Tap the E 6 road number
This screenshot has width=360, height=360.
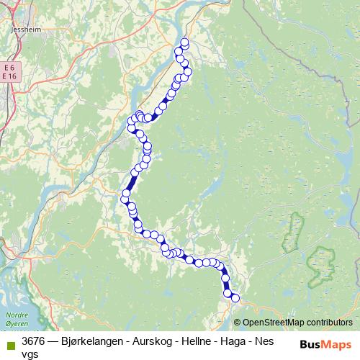[9, 67]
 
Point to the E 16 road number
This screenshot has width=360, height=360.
[9, 76]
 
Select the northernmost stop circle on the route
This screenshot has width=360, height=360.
[184, 42]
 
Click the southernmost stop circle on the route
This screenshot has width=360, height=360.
[235, 297]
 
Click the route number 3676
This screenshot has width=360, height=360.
[35, 341]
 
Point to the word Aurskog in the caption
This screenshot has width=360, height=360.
[154, 341]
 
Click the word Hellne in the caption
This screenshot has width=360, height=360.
[199, 341]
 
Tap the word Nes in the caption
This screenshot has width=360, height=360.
[272, 341]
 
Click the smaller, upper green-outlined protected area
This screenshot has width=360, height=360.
[292, 232]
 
